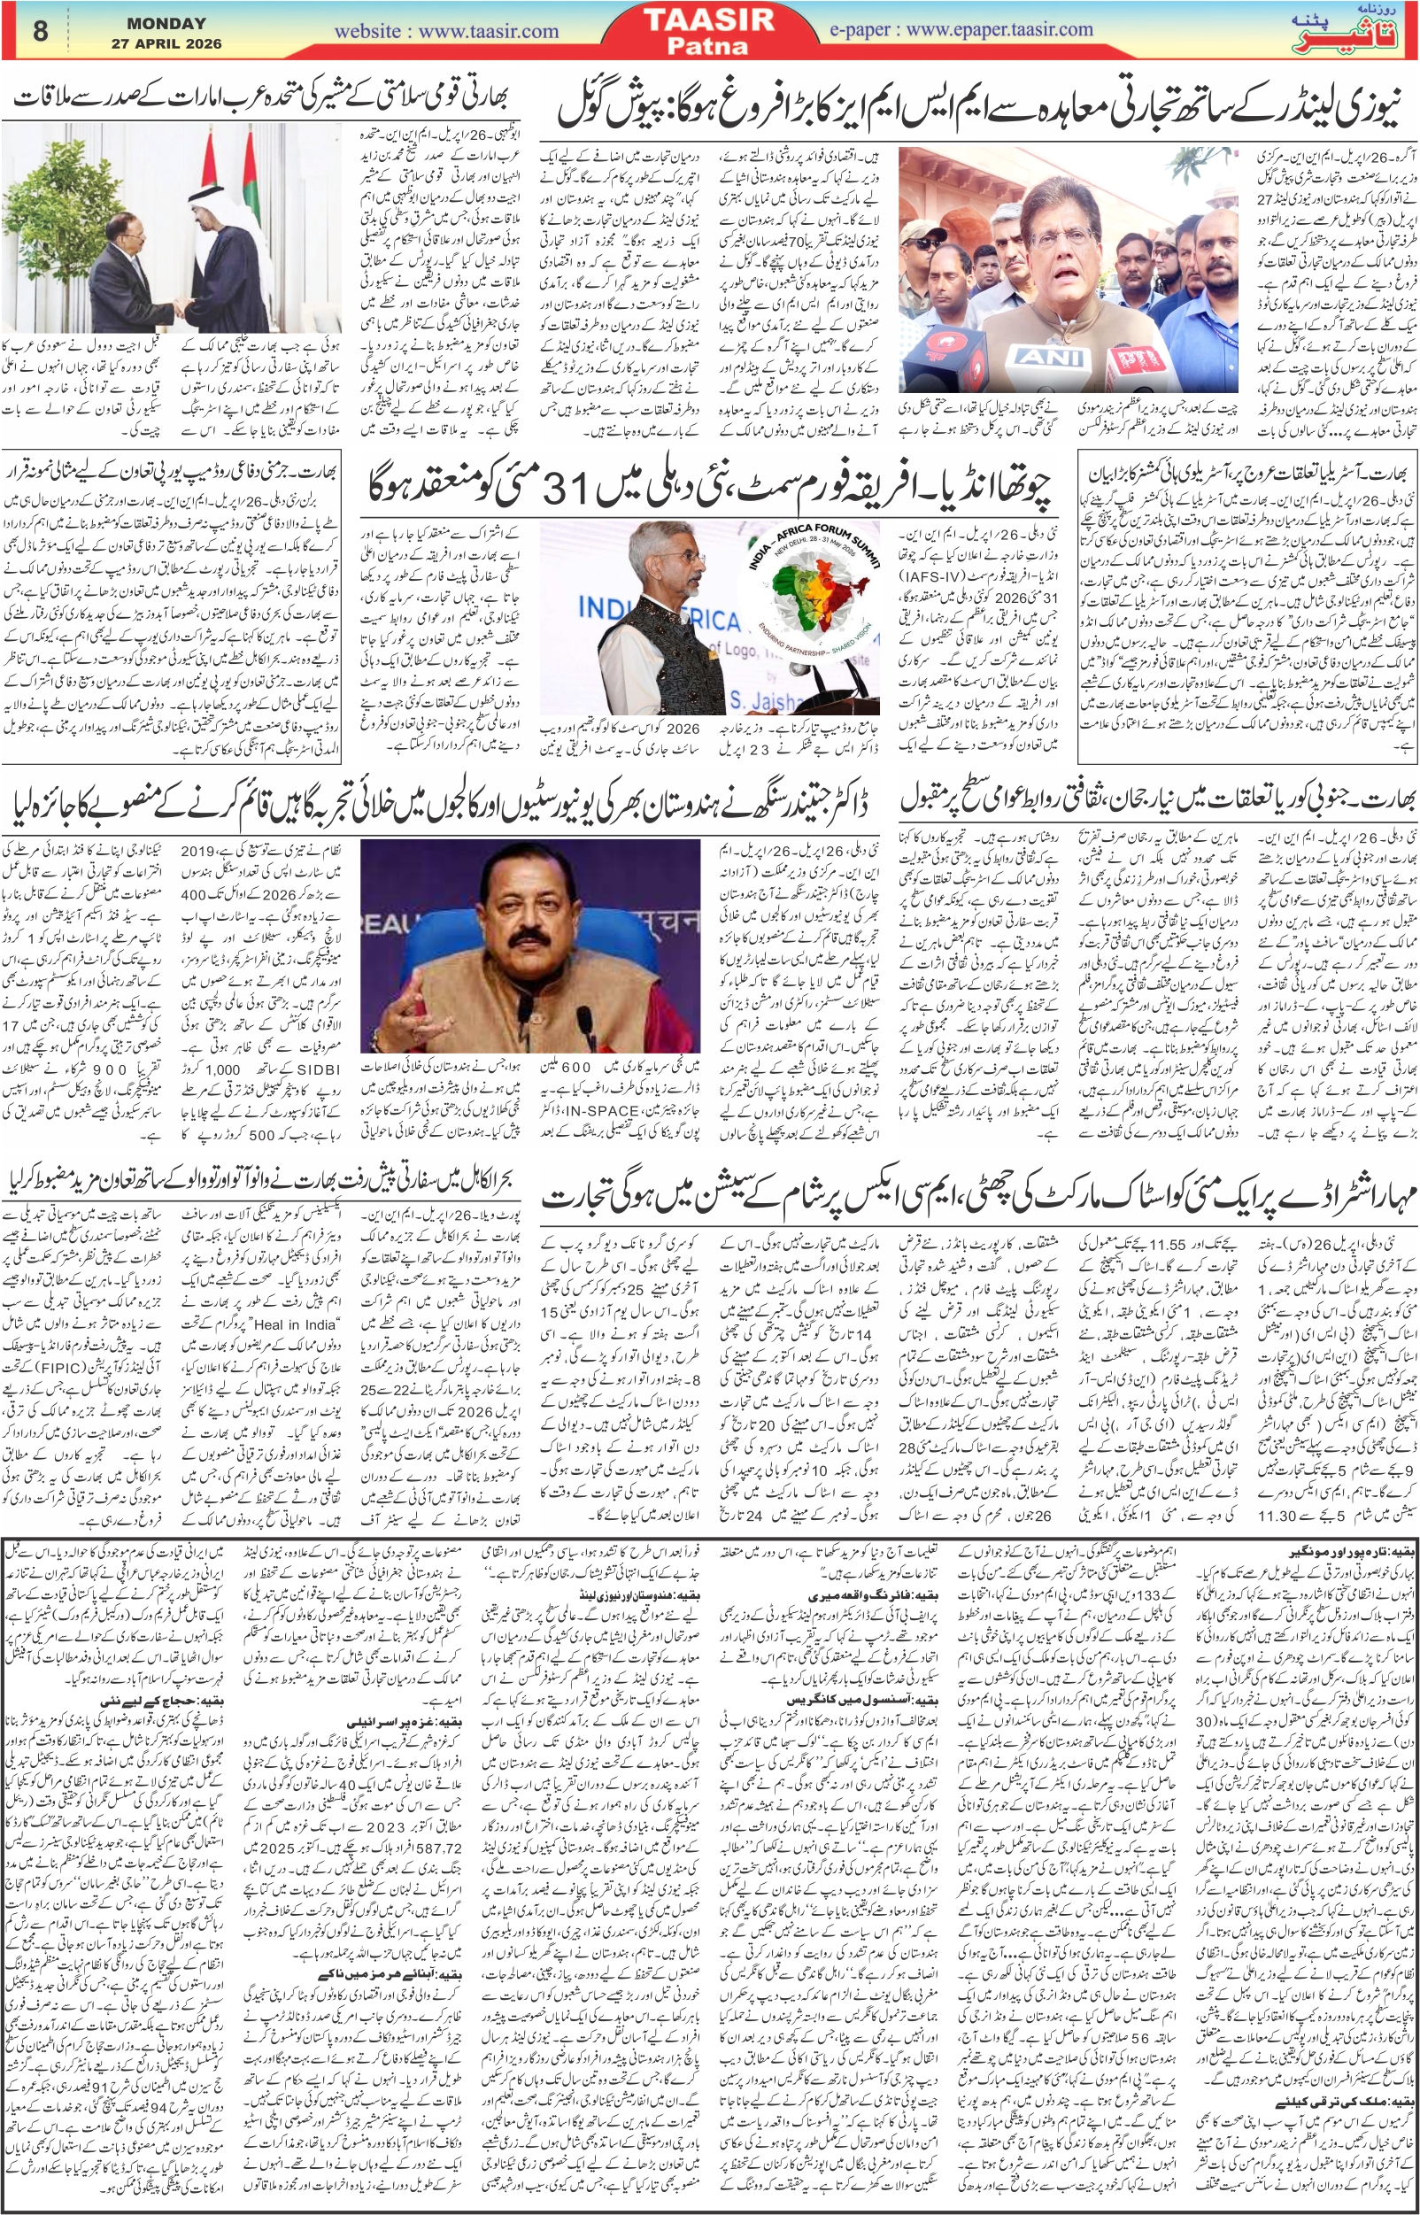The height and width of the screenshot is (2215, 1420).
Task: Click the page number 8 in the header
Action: pos(40,31)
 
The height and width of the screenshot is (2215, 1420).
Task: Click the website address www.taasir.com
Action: pos(446,31)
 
